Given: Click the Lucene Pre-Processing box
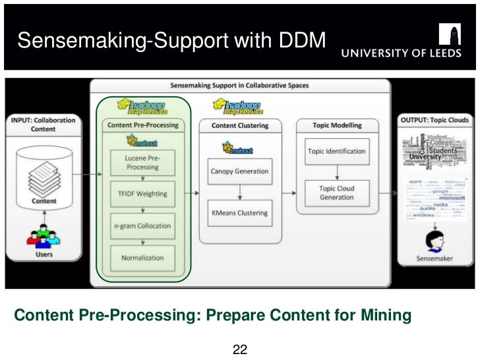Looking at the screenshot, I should [142, 162].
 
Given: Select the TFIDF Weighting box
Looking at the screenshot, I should [142, 194].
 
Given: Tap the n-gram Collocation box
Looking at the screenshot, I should [142, 225].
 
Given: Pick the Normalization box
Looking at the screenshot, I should [142, 258].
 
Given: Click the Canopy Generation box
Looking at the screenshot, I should [239, 171].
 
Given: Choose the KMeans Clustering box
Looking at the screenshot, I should [239, 212].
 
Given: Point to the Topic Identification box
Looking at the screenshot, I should [336, 151].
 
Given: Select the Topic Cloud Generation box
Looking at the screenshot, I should [336, 193].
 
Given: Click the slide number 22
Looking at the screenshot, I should [240, 349].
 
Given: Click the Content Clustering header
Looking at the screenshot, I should [239, 125].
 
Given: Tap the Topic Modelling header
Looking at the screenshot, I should [336, 125].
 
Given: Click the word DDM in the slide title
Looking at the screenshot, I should [303, 41].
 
